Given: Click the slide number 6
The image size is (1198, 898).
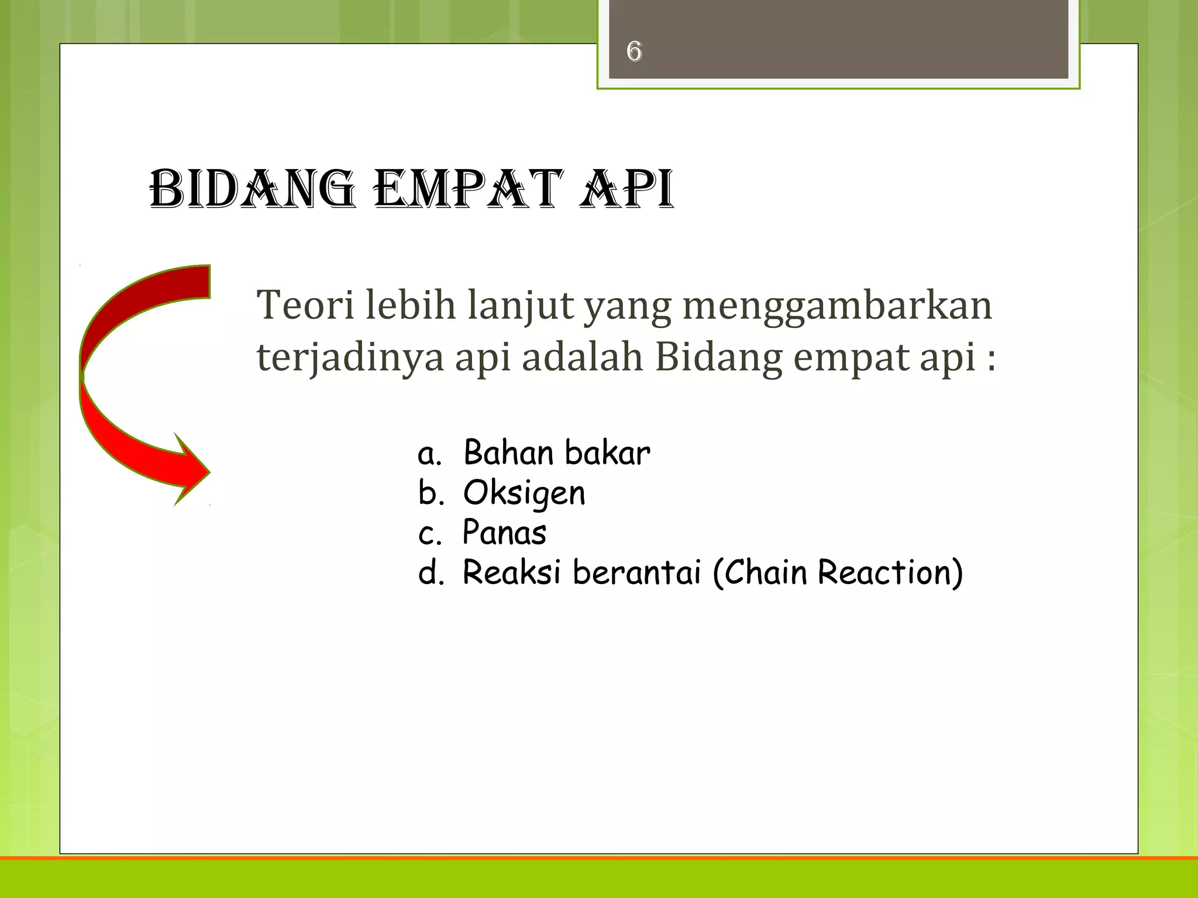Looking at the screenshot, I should (634, 51).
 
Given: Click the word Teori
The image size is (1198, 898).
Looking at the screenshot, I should (305, 305).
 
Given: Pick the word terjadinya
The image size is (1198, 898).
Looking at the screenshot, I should (350, 357).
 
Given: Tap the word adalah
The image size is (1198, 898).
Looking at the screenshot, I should (582, 357).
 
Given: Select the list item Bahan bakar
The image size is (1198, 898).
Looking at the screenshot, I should (556, 453).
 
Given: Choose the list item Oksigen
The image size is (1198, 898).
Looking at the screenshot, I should (524, 493).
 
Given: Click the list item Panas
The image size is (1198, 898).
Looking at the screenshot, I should (504, 533).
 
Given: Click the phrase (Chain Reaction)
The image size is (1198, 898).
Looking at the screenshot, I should (838, 572).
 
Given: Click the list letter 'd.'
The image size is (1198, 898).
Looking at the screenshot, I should (431, 573).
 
